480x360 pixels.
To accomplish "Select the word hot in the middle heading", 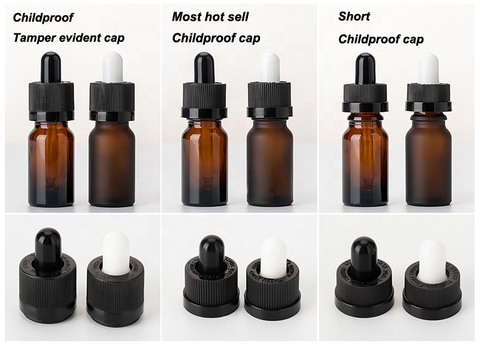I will pos(213,16).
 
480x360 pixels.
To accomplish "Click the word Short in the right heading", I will pos(354,16).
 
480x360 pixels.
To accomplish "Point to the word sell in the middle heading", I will pos(237,16).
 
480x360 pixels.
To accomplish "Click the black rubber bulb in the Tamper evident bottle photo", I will pos(50,67).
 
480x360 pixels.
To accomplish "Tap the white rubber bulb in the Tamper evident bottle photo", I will pos(112,67).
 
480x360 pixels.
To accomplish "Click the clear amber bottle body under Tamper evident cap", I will pos(51,164).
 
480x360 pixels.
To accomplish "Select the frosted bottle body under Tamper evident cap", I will pos(112,164).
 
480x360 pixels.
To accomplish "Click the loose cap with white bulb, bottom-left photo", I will pos(115,286).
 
